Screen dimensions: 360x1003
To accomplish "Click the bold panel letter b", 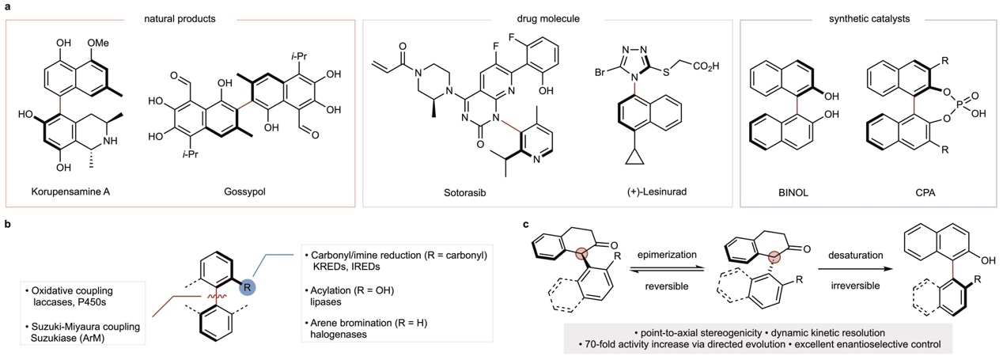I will [7, 225].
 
